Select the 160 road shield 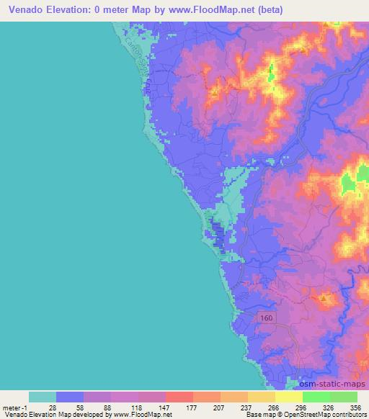(x=265, y=316)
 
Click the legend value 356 (x=356, y=406)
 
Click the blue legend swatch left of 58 (x=70, y=397)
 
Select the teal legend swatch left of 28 (x=43, y=397)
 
